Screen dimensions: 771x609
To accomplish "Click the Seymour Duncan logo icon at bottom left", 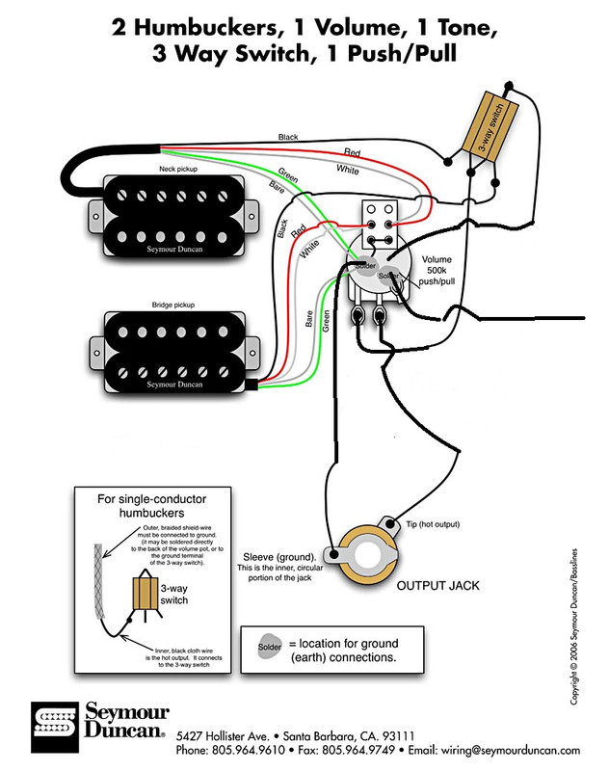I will (52, 722).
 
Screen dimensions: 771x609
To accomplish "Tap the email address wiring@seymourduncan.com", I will (511, 750).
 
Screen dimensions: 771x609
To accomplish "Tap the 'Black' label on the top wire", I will (288, 139).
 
